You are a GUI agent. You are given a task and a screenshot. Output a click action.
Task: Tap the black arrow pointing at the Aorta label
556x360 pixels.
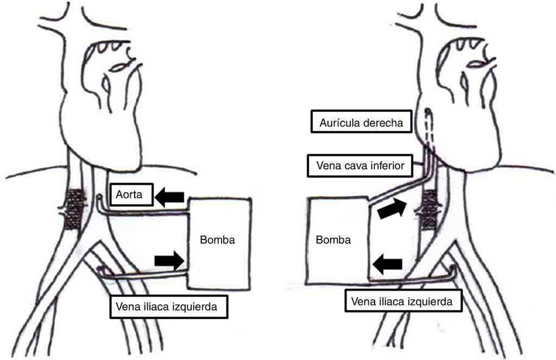pos(169,197)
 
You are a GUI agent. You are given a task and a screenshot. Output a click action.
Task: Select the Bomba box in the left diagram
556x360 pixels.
pos(219,242)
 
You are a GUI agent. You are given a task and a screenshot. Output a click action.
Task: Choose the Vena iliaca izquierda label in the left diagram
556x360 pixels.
pos(166,306)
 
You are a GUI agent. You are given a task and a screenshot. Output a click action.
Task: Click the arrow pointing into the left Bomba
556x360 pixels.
pos(169,261)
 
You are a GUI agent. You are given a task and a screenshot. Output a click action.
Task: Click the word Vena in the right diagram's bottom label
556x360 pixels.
pos(363,301)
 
